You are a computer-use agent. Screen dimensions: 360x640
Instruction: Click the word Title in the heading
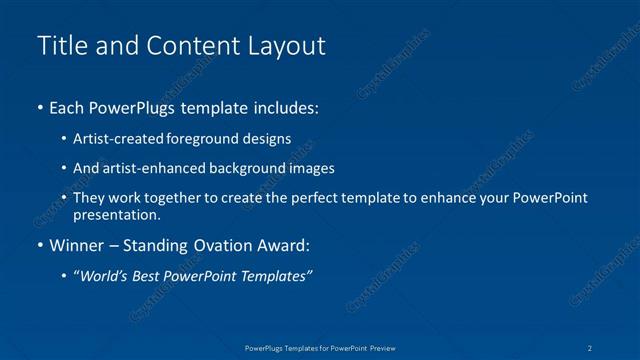58,46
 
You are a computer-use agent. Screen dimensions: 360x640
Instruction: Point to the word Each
68,107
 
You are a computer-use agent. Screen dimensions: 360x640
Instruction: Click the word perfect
334,198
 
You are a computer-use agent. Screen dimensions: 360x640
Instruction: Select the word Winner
77,245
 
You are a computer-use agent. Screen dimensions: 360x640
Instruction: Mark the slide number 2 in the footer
591,347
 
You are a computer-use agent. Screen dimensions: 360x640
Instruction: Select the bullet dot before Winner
39,245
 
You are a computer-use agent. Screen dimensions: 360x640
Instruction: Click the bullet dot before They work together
65,198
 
